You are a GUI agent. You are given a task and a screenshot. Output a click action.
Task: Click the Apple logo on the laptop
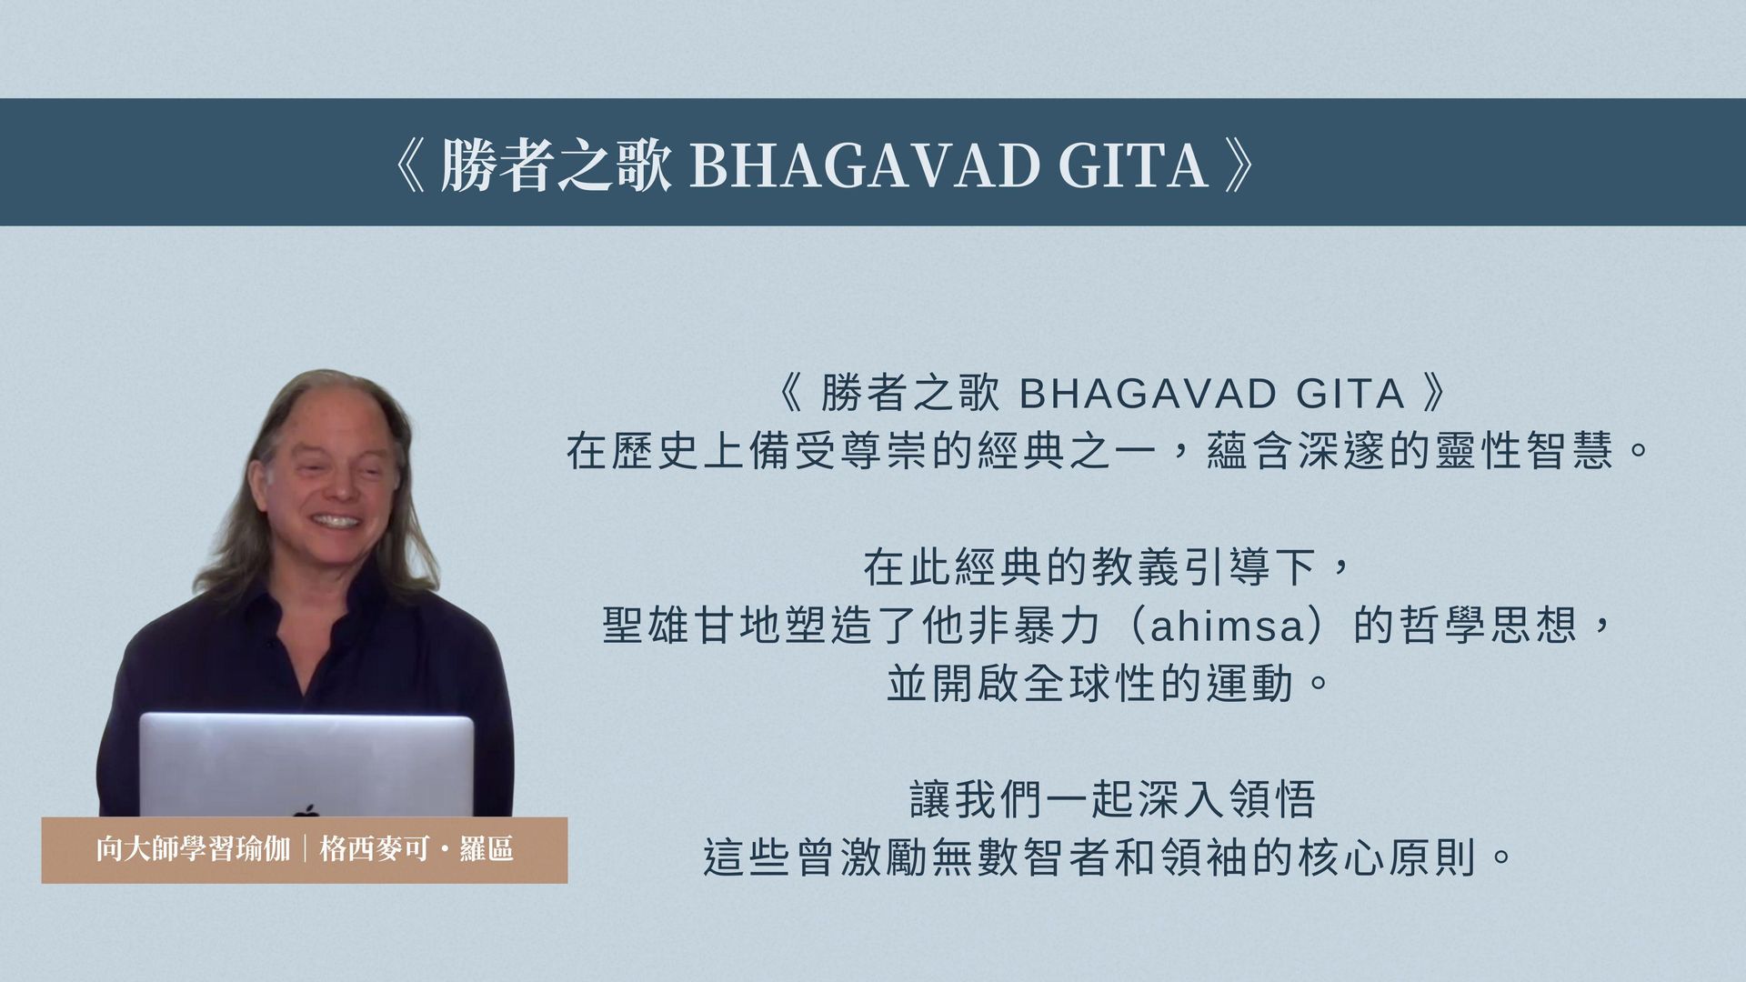[306, 809]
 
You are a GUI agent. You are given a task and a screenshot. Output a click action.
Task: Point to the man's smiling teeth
[335, 522]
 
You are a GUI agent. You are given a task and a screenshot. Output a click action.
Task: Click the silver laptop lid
[306, 765]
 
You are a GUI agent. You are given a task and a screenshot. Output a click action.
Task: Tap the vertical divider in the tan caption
[305, 849]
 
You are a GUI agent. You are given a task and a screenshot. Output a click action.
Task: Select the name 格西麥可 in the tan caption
[374, 849]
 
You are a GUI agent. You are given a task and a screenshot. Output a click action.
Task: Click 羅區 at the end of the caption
[487, 849]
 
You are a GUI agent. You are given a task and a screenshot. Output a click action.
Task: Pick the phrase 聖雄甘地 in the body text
[692, 626]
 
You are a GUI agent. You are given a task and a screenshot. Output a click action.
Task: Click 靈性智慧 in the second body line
[1523, 451]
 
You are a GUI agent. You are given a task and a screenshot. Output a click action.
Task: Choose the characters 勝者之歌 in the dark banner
[556, 165]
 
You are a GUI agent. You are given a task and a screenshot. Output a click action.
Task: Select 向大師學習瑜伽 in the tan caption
[193, 849]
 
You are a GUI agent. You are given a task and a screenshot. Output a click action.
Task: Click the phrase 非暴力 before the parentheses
[1034, 626]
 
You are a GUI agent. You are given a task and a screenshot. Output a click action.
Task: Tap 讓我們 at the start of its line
[978, 800]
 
